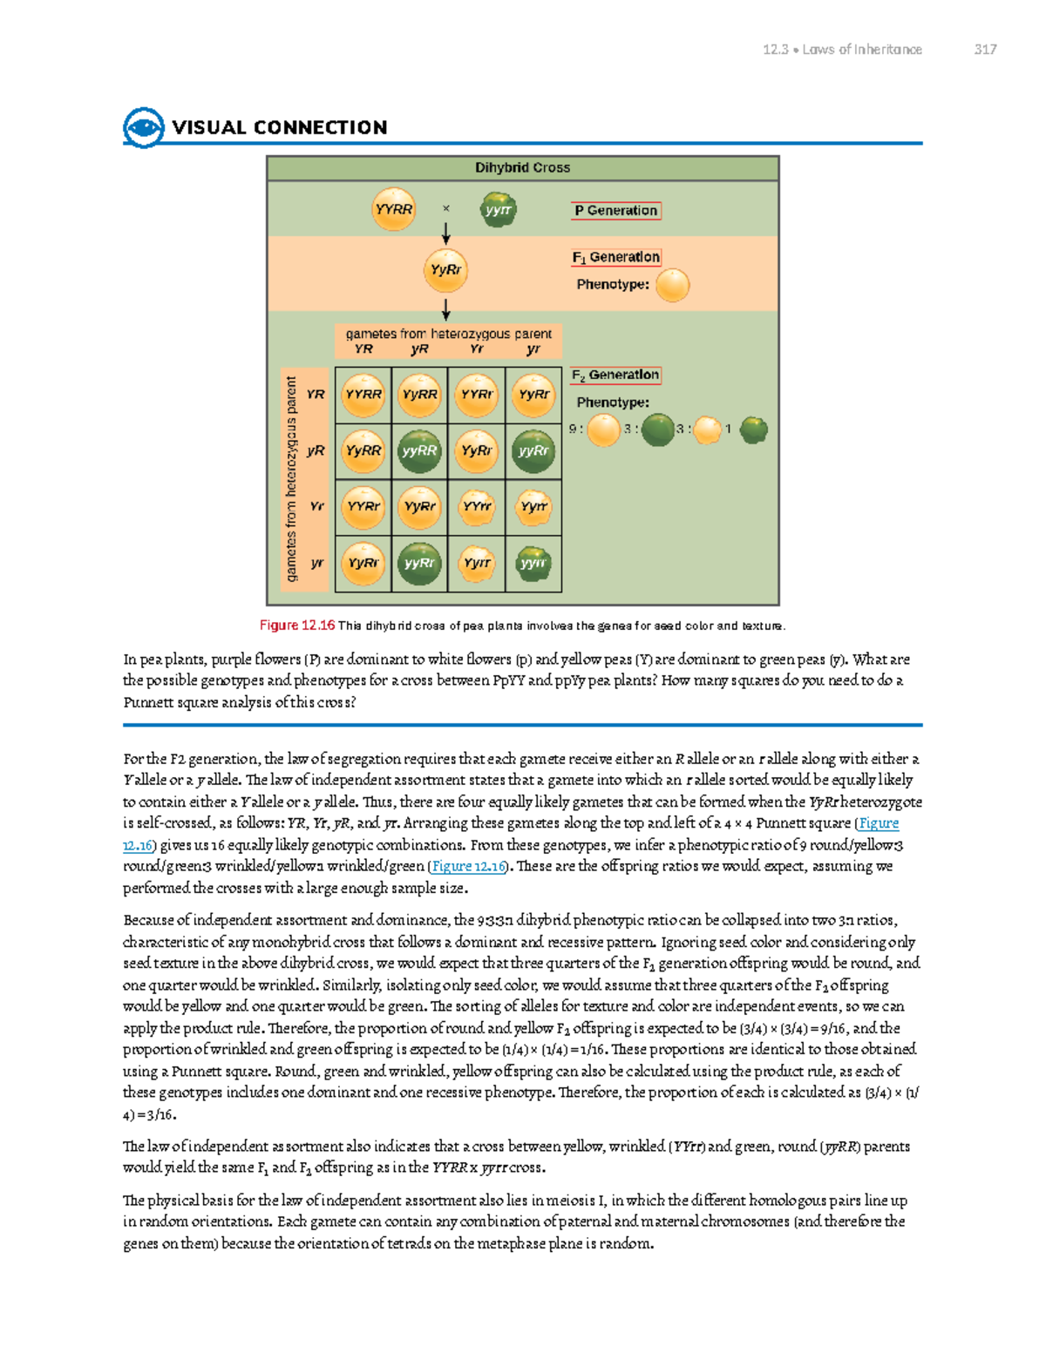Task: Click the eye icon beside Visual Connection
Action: pos(144,128)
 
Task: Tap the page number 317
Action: pos(985,50)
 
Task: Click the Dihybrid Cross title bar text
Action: pos(522,167)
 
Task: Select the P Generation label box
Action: pos(616,211)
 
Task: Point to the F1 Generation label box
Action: pos(616,257)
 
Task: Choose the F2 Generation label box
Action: pos(615,375)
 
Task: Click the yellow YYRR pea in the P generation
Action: pos(393,210)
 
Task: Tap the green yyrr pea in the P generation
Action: pos(498,210)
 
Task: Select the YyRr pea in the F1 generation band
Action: pos(445,270)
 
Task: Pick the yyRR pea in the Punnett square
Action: pos(419,450)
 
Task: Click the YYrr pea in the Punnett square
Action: pos(477,507)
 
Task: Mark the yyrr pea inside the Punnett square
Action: pos(533,564)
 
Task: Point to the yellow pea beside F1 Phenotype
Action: pos(672,285)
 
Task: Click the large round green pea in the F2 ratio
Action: pos(658,429)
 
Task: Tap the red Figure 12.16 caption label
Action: pos(297,626)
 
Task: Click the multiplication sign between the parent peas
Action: pos(446,209)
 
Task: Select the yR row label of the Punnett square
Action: pos(316,450)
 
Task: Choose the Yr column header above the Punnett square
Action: pos(477,349)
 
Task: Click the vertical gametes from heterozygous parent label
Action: pos(292,479)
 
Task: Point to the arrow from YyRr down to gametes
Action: pos(445,309)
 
